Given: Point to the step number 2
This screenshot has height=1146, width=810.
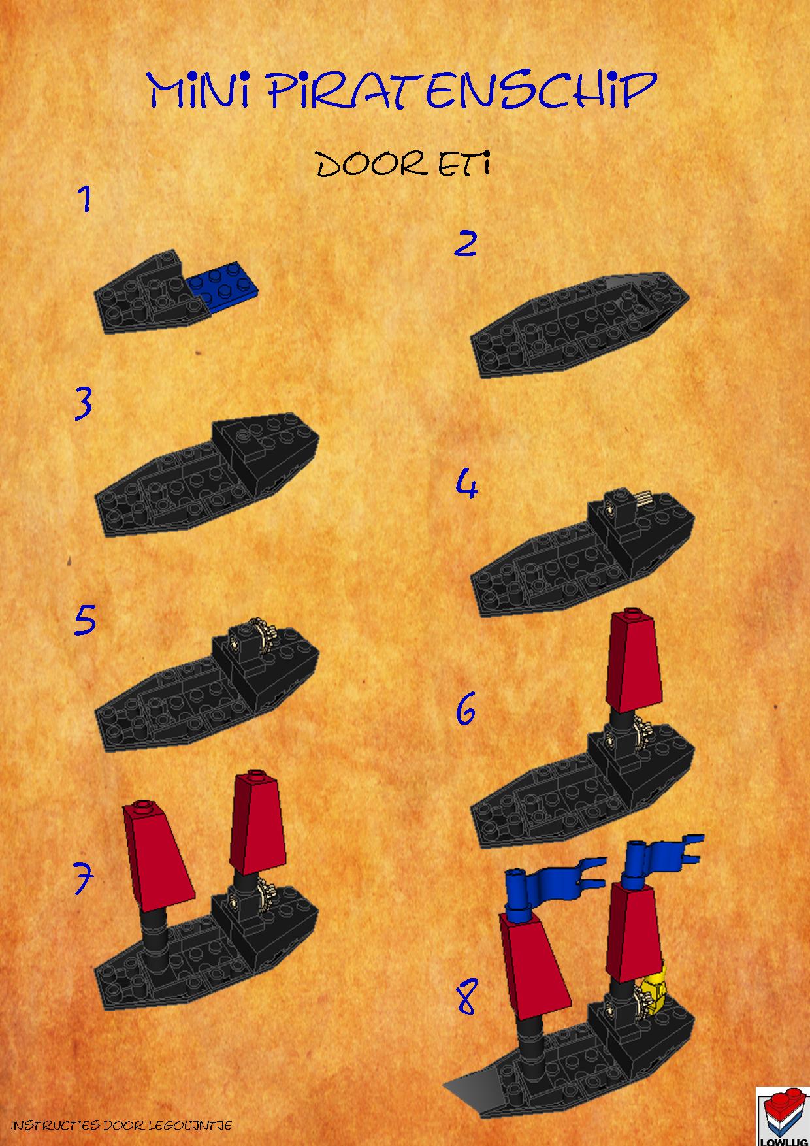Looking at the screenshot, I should tap(465, 244).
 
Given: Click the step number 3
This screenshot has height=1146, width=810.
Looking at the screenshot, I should tap(84, 404).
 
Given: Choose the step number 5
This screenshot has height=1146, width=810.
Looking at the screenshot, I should tap(85, 621).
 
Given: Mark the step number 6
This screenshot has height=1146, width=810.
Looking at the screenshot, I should tap(465, 710).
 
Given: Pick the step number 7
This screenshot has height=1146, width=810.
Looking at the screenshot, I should tap(82, 879).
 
